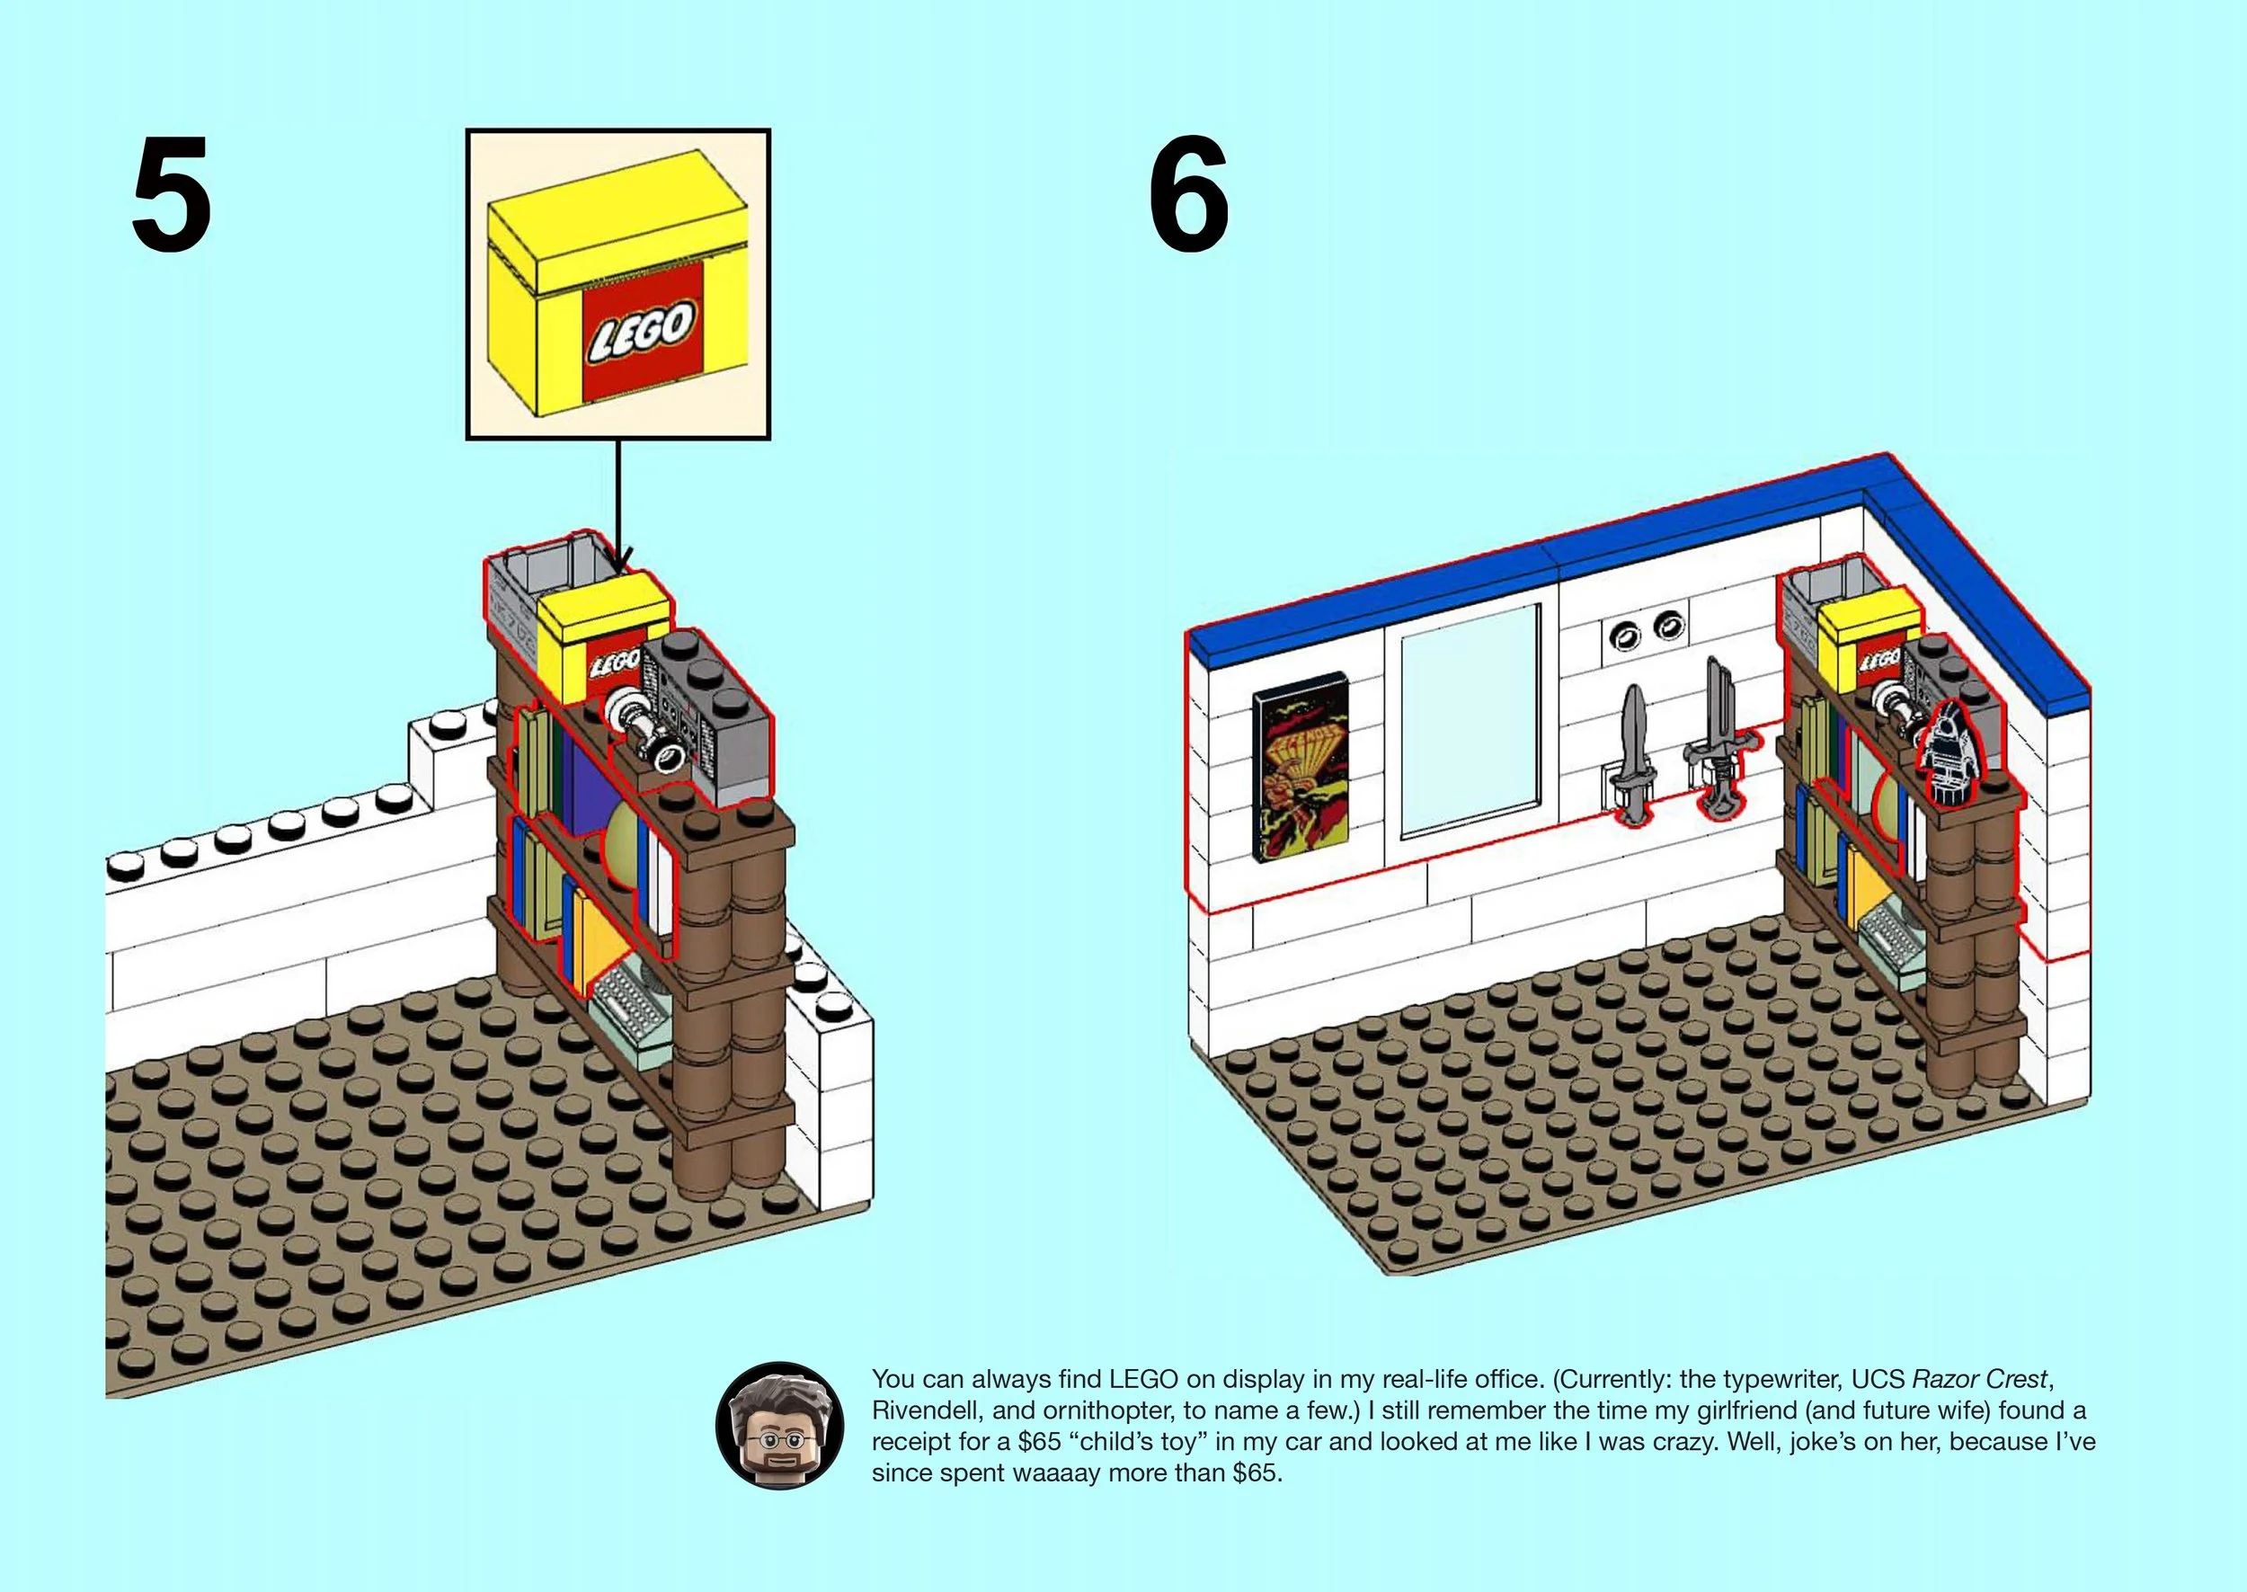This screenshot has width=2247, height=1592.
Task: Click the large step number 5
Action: (x=171, y=193)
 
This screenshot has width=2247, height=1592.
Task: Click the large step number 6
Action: (x=1189, y=193)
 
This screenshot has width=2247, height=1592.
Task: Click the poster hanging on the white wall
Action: (x=1301, y=768)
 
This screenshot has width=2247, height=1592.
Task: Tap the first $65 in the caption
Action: (x=1039, y=1442)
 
